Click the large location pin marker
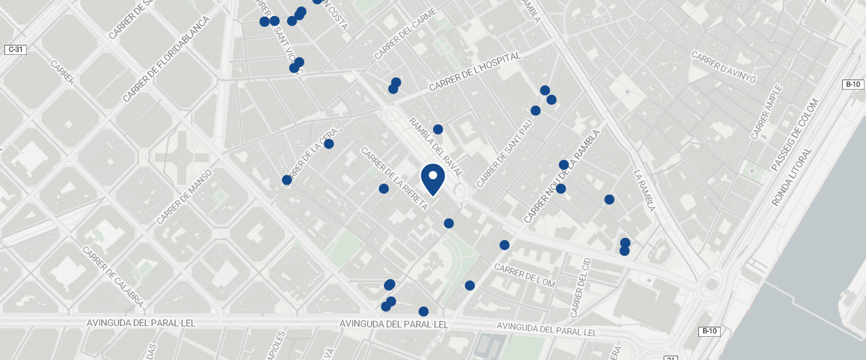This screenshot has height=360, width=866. (432, 179)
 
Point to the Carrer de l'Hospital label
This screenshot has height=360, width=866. (475, 72)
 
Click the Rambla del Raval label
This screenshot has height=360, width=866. (435, 148)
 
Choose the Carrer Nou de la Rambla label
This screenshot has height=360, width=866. (562, 176)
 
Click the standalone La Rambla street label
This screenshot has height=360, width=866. (644, 191)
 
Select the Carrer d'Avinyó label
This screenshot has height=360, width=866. (724, 67)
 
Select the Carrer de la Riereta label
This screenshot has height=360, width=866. (394, 179)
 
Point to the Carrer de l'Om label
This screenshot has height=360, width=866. (524, 275)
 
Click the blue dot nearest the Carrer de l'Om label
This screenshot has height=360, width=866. (505, 245)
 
